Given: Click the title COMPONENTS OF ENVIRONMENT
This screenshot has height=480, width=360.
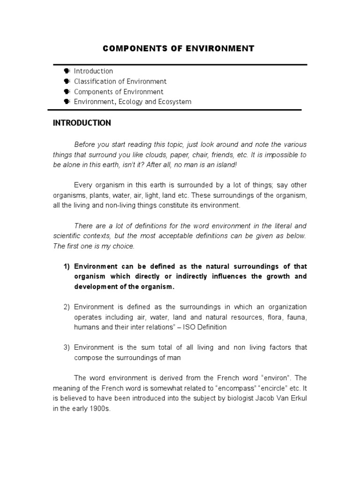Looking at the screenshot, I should coord(178,48).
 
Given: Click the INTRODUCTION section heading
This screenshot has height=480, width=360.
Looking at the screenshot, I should coord(82,123).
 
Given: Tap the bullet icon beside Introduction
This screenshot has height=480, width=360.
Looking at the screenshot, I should coord(66,71).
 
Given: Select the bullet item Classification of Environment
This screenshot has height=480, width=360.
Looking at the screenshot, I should coord(120,82).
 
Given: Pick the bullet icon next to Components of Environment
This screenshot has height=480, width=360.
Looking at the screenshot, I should coord(66,92).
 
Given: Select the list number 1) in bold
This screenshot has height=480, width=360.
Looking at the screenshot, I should coord(67,266).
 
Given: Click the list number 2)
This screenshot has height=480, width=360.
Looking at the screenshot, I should coord(67,307).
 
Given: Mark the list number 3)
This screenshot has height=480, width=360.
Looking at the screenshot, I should coord(67,347).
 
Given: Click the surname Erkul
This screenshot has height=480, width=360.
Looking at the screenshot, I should coord(296,398).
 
